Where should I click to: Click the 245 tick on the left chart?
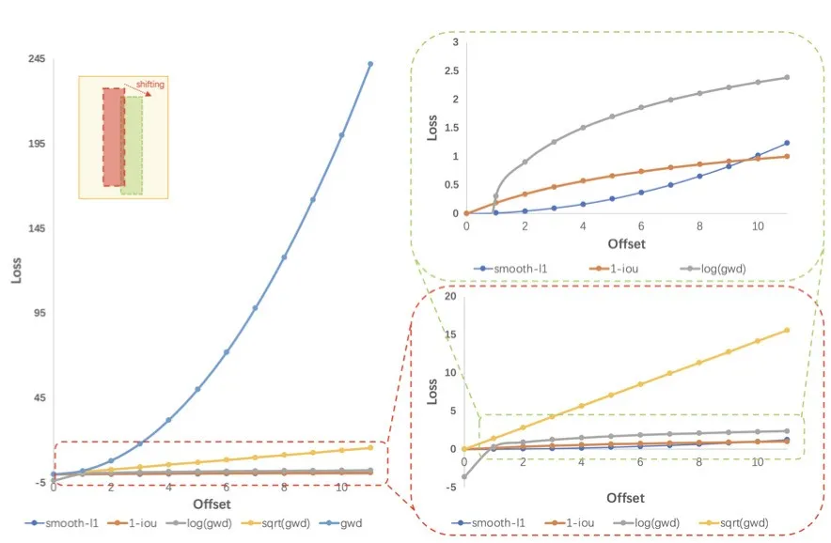pos(38,58)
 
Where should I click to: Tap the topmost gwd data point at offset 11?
pos(370,64)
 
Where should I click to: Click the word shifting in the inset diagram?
pos(149,85)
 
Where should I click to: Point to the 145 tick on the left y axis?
pos(38,228)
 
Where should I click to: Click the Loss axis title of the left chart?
pos(16,271)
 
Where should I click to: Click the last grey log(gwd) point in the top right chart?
pos(786,77)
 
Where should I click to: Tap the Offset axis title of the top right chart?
pos(626,244)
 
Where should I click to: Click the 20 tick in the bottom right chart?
pos(450,297)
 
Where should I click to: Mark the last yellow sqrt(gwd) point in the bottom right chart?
pos(786,330)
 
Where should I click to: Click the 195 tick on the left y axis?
pos(38,144)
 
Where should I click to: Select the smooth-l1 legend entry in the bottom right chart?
pos(499,523)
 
